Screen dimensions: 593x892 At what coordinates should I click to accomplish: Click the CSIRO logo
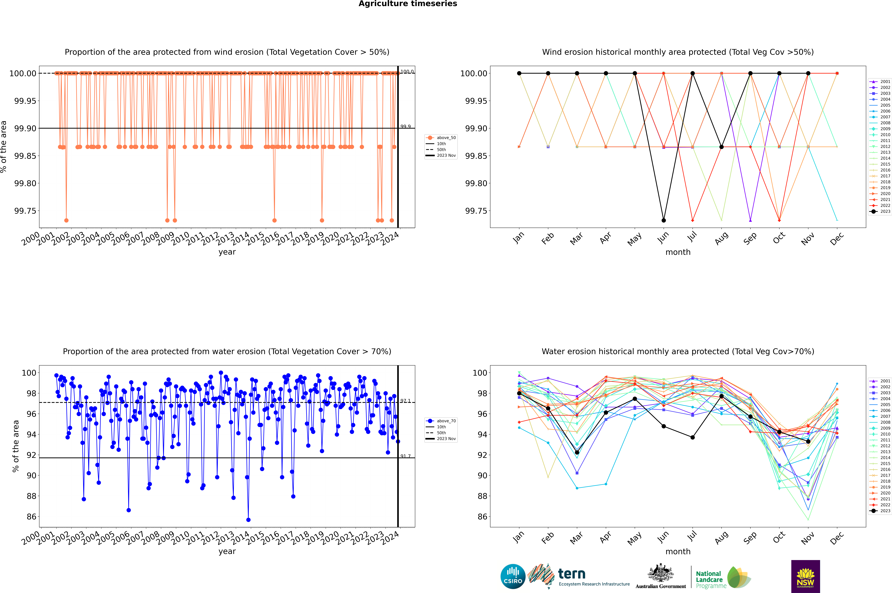(x=513, y=576)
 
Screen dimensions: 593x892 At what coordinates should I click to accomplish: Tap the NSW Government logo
(x=805, y=576)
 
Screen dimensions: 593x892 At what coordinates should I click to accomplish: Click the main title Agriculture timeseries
(x=408, y=4)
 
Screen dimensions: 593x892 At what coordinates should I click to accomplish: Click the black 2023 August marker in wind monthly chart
(x=722, y=147)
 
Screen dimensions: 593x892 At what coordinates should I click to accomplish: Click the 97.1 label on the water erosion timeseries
(x=405, y=401)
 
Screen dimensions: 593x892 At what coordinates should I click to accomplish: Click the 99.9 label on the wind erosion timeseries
(x=405, y=127)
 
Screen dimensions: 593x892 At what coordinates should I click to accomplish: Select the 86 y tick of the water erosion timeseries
(x=31, y=517)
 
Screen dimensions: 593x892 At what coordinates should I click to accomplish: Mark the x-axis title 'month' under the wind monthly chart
(x=678, y=252)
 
